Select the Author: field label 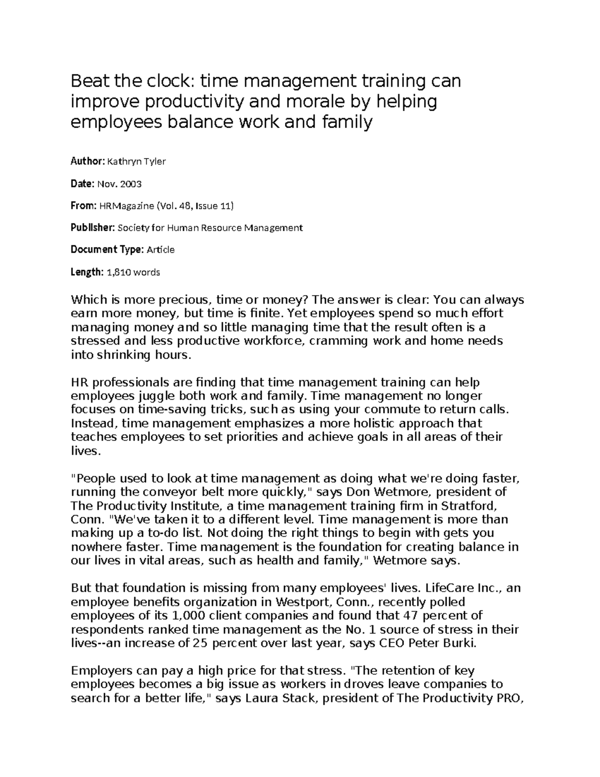pos(87,161)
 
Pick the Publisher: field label pos(92,228)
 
